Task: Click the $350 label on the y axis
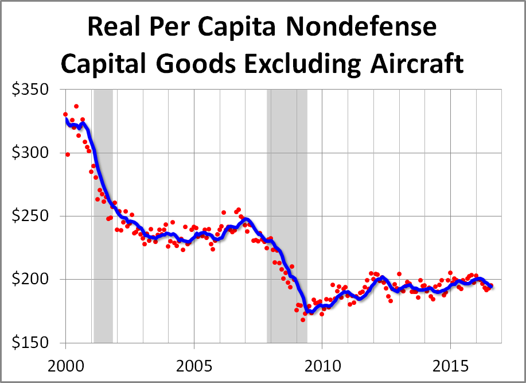pos(31,90)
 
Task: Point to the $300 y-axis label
pos(31,153)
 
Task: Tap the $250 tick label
pos(31,216)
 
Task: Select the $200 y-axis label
pos(31,280)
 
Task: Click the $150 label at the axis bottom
pos(31,343)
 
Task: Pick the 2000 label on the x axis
pos(65,365)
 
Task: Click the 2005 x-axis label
pos(194,365)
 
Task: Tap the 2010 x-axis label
pos(322,365)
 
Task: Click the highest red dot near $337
pos(76,106)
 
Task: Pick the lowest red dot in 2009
pos(303,319)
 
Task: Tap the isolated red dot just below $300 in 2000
pos(68,154)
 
